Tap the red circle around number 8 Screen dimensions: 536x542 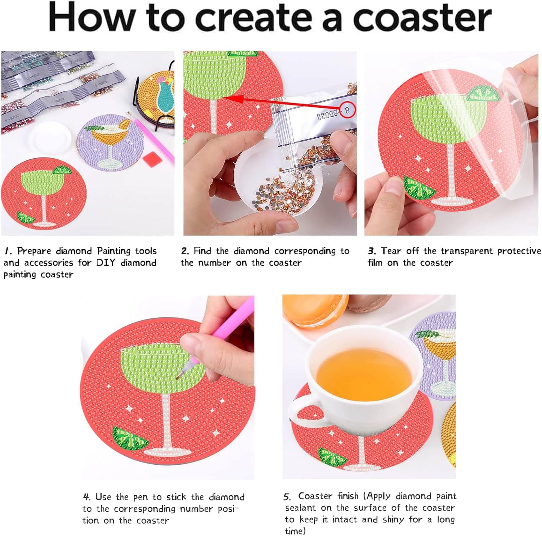tap(347, 110)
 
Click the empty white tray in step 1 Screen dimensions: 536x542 tap(50, 137)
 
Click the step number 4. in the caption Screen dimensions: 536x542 tap(87, 497)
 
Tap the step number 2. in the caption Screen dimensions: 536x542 tap(185, 251)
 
